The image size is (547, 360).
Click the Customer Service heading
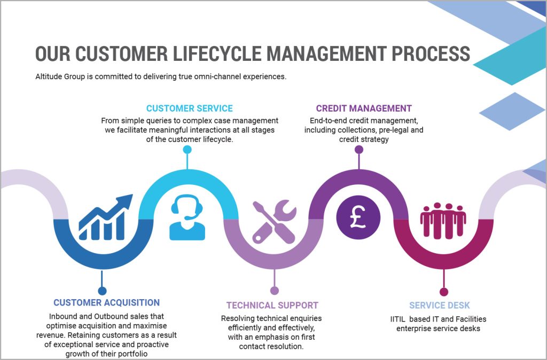189,108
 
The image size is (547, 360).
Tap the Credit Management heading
364,108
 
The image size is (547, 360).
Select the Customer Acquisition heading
106,303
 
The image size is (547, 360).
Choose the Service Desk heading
439,306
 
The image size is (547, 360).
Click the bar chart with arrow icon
105,218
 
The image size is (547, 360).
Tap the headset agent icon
187,218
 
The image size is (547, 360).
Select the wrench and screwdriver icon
274,221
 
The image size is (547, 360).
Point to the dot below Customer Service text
187,150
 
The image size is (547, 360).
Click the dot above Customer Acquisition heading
102,291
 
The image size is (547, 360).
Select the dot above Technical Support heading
274,291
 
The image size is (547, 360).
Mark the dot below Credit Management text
359,150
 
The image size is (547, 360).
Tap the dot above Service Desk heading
443,292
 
